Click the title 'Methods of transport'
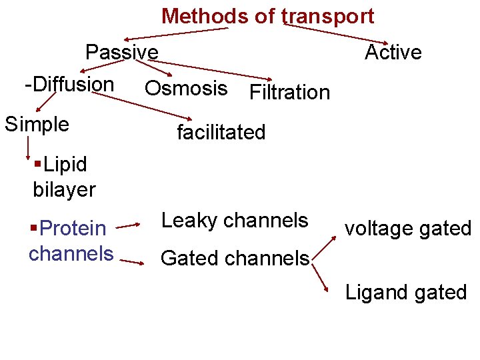(267, 15)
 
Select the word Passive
(122, 51)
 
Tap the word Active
(393, 51)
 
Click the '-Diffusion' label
(69, 85)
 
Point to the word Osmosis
(186, 88)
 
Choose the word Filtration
(289, 92)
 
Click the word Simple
(37, 123)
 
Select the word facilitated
(221, 132)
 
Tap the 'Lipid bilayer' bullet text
(63, 177)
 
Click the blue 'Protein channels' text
(71, 241)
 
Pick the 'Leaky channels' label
(235, 220)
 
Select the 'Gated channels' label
(235, 257)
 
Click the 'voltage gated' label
(407, 229)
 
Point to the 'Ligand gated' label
(405, 292)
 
